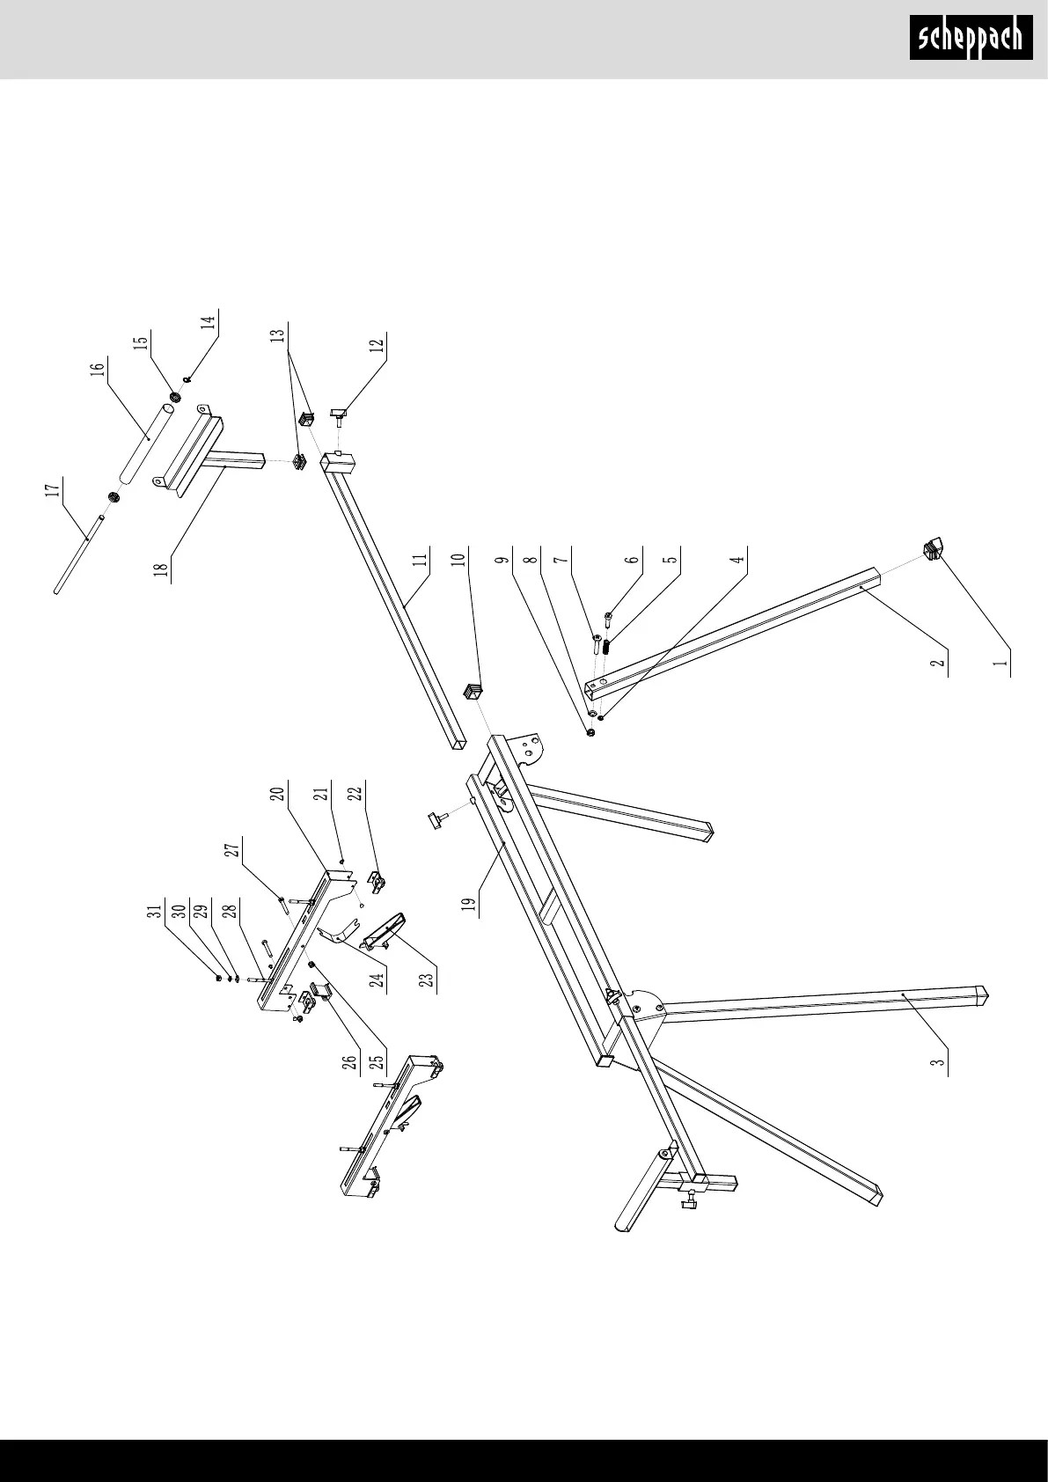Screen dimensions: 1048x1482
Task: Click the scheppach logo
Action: pyautogui.click(x=971, y=38)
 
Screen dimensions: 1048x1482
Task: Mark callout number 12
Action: pyautogui.click(x=377, y=344)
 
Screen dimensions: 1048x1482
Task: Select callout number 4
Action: pyautogui.click(x=739, y=556)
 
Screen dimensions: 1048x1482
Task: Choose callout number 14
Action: pyautogui.click(x=209, y=320)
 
